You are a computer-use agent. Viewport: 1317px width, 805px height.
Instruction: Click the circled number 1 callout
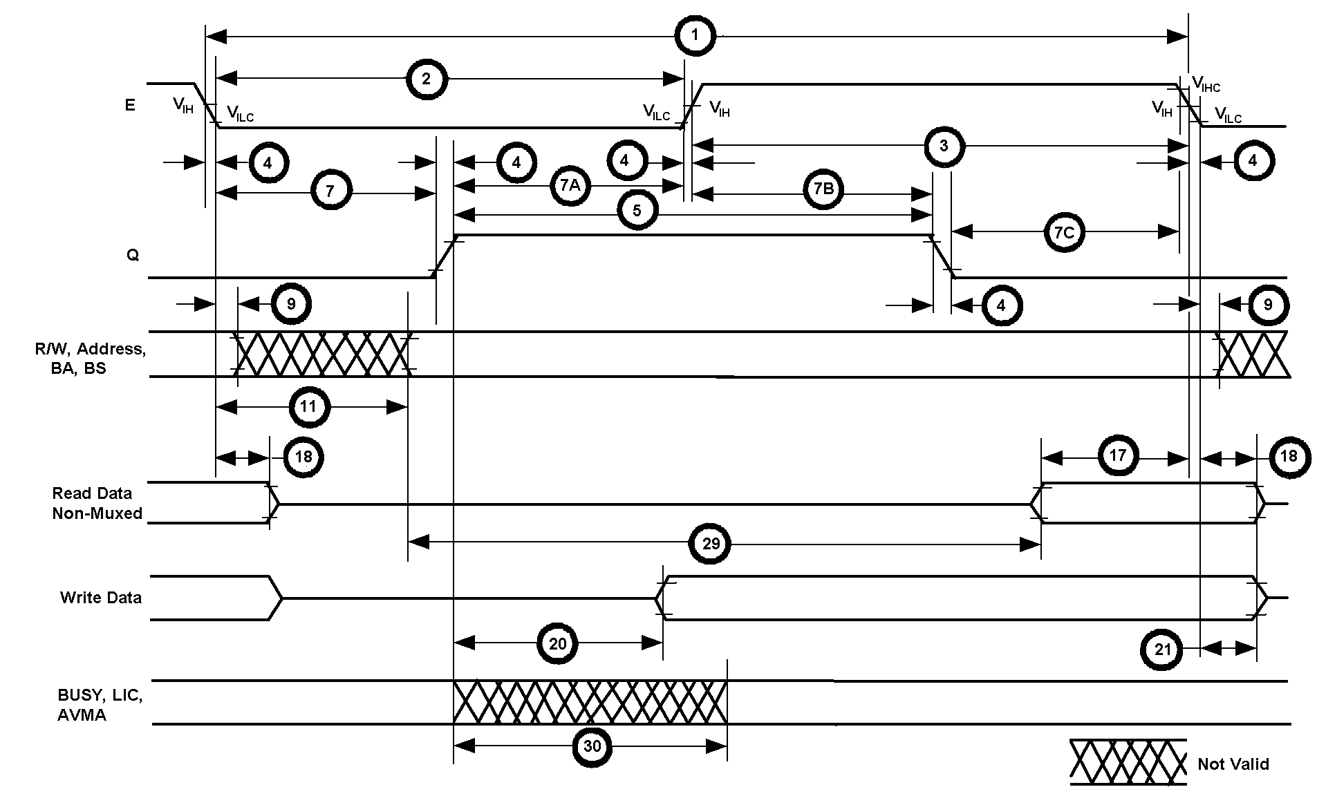point(695,37)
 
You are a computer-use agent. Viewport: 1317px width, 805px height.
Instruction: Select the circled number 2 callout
point(426,79)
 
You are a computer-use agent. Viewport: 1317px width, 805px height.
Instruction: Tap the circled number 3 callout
point(944,146)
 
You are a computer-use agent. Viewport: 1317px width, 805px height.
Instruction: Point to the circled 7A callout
point(570,185)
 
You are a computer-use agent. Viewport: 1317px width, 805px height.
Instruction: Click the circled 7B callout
point(823,189)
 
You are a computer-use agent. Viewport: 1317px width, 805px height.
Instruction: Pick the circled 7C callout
point(1064,232)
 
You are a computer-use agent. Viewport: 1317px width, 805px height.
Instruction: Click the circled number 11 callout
point(308,407)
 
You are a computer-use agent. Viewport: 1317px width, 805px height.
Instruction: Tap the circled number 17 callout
point(1117,456)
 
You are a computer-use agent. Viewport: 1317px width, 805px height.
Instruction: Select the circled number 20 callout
point(557,643)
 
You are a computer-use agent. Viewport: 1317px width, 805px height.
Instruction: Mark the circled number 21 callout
point(1163,650)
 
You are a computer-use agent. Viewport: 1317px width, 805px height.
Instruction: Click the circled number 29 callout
point(711,544)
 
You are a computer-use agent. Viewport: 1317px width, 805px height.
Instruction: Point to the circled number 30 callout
point(592,746)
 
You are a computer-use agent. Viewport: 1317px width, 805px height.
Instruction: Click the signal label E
point(130,105)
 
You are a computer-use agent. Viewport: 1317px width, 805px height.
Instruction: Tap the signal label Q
point(132,255)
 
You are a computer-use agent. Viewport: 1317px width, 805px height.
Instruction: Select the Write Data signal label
point(101,598)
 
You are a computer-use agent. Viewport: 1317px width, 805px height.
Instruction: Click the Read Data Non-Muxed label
point(97,503)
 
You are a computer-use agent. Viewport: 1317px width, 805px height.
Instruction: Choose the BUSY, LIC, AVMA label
point(100,705)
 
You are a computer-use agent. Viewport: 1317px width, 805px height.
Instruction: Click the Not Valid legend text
point(1233,764)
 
